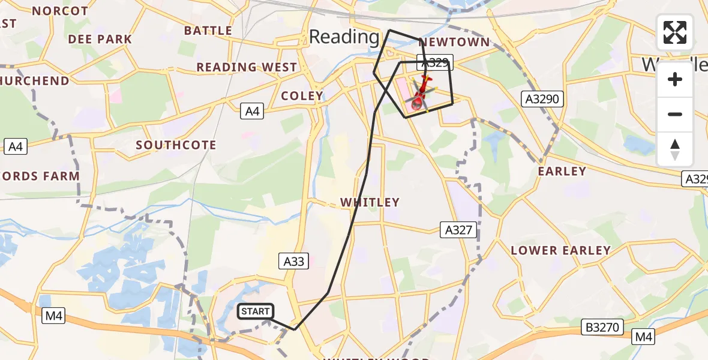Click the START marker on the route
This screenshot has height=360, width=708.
tap(256, 311)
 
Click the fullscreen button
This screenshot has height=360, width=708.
tap(675, 32)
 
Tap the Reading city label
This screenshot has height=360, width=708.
tap(344, 37)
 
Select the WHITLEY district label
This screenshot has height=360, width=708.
tap(370, 203)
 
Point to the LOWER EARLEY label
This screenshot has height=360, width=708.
tap(560, 251)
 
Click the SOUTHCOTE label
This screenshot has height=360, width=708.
tap(176, 145)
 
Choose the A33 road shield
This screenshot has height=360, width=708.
tap(294, 261)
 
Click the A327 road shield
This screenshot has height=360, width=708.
tap(458, 229)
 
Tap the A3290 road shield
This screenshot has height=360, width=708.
tap(542, 100)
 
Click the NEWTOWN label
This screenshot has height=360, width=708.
tap(454, 43)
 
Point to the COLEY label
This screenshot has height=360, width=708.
tap(302, 96)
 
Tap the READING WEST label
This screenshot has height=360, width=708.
tap(247, 67)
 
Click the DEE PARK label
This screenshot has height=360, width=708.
tap(100, 39)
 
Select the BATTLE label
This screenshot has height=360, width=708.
tap(208, 31)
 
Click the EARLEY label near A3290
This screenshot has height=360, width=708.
tap(562, 172)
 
